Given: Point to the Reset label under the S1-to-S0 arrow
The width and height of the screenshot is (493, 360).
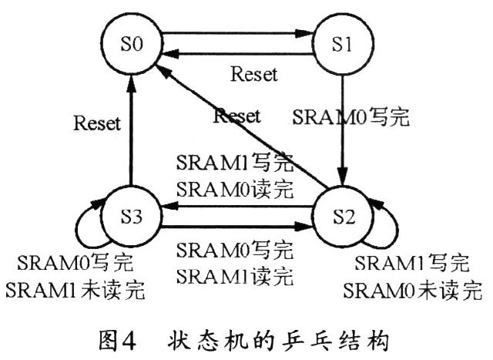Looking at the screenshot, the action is pyautogui.click(x=254, y=75).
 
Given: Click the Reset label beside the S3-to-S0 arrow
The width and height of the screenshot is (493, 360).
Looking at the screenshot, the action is pyautogui.click(x=97, y=123).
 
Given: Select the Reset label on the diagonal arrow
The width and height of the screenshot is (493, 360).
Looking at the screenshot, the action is pyautogui.click(x=237, y=116).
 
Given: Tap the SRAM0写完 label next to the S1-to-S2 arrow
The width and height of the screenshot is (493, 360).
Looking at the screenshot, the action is pyautogui.click(x=351, y=117).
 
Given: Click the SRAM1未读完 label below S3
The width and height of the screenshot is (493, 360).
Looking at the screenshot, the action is pyautogui.click(x=75, y=290).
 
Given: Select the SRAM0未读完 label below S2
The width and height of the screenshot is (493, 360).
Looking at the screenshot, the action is pyautogui.click(x=413, y=291).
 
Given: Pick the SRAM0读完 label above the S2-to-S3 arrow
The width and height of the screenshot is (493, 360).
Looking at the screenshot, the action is pyautogui.click(x=235, y=190).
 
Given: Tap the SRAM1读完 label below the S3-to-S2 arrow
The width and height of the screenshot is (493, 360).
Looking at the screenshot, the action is pyautogui.click(x=235, y=277).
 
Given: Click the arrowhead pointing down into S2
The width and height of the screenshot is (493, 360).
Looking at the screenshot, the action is pyautogui.click(x=343, y=177).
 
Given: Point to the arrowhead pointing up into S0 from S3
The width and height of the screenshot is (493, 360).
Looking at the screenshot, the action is pyautogui.click(x=132, y=84).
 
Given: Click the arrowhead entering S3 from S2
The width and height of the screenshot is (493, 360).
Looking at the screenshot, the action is pyautogui.click(x=169, y=207).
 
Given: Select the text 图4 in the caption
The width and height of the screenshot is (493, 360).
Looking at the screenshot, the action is pyautogui.click(x=117, y=341).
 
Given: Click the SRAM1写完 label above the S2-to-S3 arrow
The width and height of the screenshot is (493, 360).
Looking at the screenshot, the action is pyautogui.click(x=235, y=163).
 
